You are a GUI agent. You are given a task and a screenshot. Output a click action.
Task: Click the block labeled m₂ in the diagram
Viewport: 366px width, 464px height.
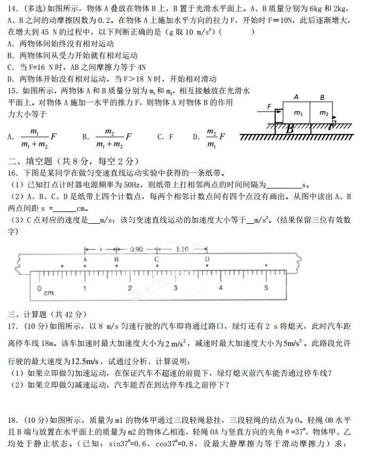(323, 114)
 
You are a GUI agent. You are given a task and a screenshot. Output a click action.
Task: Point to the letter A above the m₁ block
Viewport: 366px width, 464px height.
(296, 97)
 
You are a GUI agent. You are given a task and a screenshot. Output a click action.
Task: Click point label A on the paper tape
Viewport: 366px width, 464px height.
(85, 258)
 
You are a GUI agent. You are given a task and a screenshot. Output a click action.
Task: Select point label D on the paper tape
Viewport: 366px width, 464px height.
(207, 258)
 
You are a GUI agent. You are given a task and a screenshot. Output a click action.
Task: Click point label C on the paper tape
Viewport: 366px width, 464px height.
(156, 258)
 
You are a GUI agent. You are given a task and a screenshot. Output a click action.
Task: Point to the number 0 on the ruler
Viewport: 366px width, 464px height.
(39, 288)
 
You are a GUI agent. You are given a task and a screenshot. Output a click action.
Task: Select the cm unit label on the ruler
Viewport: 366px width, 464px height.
(49, 293)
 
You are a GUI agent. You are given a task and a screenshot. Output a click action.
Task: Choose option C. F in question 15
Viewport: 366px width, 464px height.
(165, 137)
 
